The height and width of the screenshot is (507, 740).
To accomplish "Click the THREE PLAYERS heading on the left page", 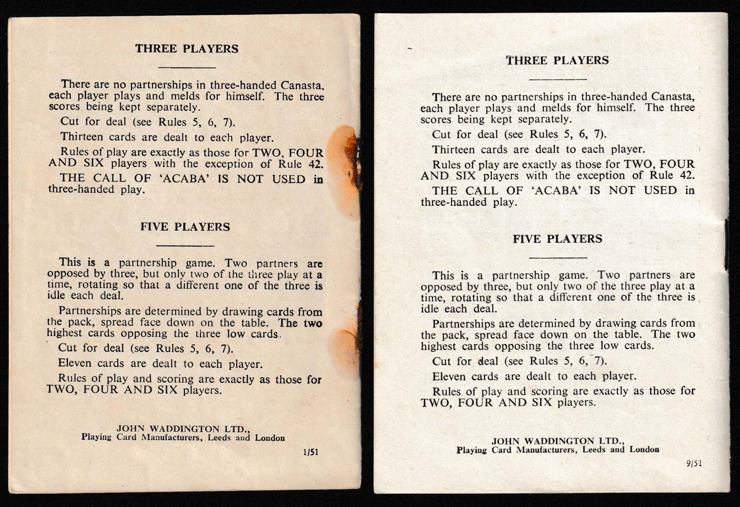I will coord(186,49).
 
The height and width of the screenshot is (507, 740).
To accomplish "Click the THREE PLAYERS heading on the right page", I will coord(557,61).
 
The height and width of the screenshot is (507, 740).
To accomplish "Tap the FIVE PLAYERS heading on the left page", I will coord(185,227).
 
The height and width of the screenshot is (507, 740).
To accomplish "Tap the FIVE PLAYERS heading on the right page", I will coord(557,239).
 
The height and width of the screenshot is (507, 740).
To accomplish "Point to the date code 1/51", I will coord(311,452).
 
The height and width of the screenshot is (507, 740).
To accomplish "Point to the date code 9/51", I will coord(693,464).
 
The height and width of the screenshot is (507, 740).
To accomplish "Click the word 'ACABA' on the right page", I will coord(558,191).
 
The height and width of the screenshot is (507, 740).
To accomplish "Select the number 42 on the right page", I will coord(687,176).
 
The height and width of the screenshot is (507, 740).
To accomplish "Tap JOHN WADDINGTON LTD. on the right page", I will coord(558,441).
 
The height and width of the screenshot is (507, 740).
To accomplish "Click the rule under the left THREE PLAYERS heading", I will coord(186,67).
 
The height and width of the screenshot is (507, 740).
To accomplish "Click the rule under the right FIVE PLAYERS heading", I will coord(557,257).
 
